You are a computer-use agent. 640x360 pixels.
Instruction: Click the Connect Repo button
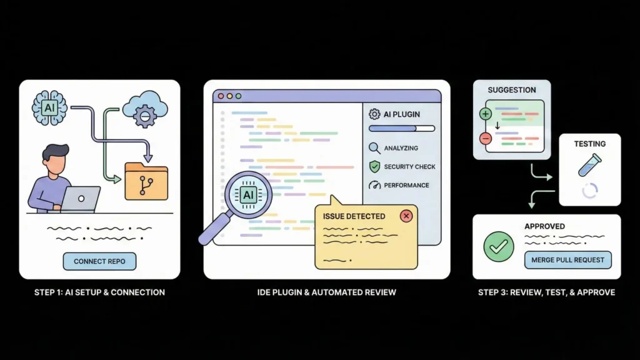(99, 261)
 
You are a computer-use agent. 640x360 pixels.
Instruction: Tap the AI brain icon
(49, 107)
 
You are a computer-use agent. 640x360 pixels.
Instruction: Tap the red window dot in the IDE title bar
(220, 96)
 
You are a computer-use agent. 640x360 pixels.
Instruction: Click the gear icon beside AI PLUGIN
(374, 114)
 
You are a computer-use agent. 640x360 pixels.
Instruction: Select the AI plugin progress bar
(401, 129)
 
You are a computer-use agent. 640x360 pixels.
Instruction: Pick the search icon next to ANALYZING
(374, 148)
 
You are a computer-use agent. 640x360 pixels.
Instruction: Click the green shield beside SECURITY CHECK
(374, 167)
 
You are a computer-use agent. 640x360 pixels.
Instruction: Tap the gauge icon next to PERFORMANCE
(374, 185)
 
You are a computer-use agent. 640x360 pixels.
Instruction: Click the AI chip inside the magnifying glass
(248, 195)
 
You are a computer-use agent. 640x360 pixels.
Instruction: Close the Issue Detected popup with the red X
(406, 216)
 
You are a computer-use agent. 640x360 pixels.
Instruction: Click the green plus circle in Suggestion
(486, 114)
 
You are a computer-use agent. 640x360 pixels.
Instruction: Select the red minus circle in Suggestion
(486, 139)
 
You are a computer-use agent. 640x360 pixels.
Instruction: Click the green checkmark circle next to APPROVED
(499, 247)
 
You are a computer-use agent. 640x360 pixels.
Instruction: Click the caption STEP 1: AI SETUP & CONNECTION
(99, 292)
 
